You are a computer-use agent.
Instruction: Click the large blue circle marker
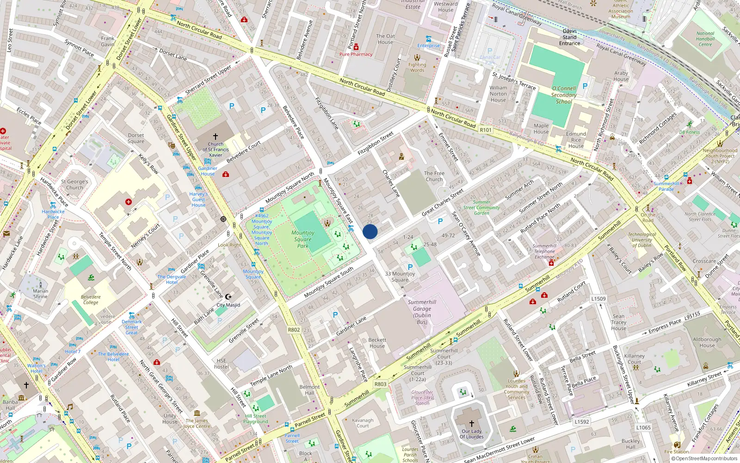(370, 231)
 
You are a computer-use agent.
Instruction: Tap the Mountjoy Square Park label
(303, 239)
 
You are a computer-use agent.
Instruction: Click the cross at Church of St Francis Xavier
(215, 137)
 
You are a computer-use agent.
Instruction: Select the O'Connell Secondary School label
(564, 95)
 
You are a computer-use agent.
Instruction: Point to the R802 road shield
(294, 330)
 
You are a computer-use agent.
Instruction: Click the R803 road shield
(380, 384)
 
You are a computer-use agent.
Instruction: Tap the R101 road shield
(486, 130)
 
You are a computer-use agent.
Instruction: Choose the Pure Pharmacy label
(356, 54)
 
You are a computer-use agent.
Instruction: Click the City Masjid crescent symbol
(228, 297)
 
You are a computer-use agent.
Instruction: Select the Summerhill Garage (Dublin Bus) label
(422, 312)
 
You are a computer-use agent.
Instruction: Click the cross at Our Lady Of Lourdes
(472, 423)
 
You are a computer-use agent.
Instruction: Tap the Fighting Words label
(417, 68)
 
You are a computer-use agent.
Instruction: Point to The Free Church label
(434, 176)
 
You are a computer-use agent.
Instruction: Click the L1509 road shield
(598, 299)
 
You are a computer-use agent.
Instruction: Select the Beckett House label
(377, 343)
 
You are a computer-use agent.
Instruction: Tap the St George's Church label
(74, 185)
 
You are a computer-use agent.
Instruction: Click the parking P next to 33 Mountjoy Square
(410, 267)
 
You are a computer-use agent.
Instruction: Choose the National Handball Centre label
(705, 39)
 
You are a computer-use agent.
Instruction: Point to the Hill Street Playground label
(256, 419)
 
